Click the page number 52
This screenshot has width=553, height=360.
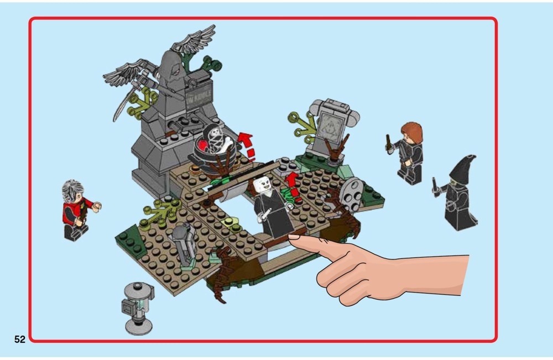coord(19,340)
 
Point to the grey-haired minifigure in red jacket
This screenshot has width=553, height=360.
coord(76,209)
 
